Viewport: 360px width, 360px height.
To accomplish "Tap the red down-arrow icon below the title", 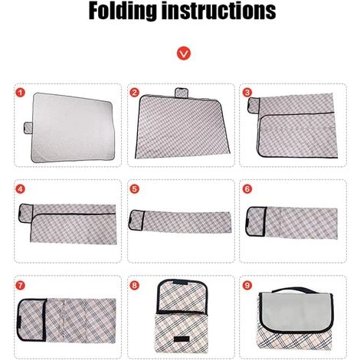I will point(180,54).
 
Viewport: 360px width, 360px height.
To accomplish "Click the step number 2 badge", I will point(135,93).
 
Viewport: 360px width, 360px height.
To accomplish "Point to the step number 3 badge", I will point(247,93).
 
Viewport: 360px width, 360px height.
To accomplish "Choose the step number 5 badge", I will point(135,189).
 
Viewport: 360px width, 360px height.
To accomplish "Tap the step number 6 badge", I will point(247,189).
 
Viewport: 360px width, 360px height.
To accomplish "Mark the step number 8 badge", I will point(135,286).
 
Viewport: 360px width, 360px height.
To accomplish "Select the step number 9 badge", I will point(247,286).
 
